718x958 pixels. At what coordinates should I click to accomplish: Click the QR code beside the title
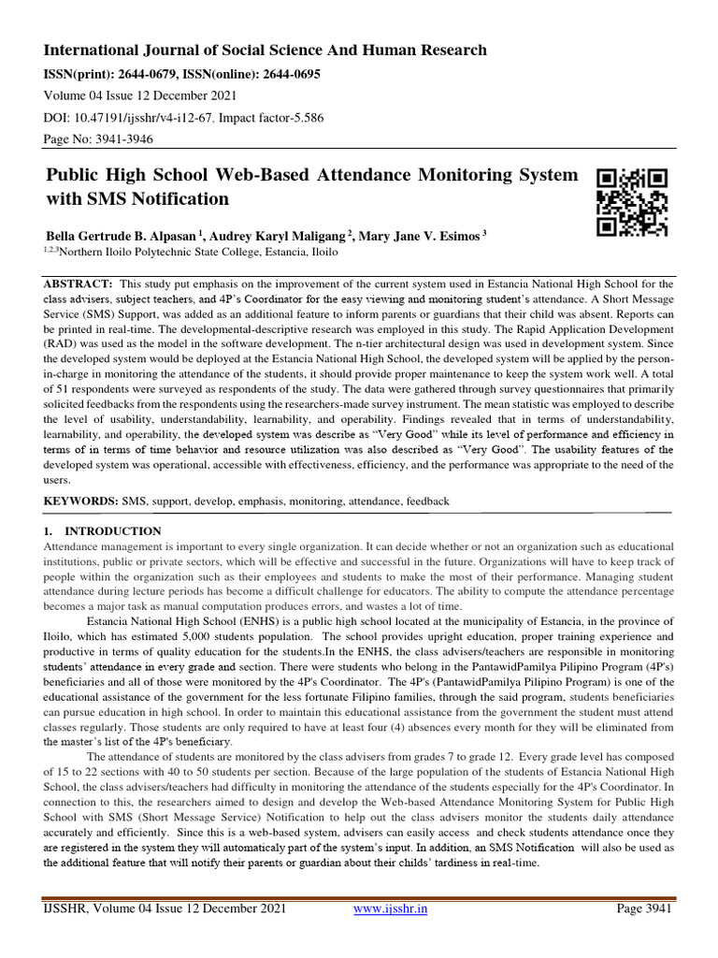[x=633, y=201]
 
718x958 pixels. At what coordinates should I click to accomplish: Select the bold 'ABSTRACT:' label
[x=79, y=283]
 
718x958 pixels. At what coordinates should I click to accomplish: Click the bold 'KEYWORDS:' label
[x=81, y=501]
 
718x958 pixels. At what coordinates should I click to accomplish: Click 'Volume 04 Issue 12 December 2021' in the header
[x=140, y=94]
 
